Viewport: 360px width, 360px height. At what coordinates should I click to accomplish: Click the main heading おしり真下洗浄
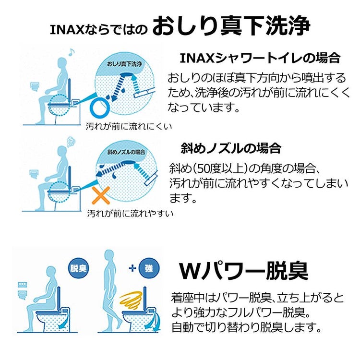230,27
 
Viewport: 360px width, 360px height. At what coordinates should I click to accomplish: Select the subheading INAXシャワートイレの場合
260,59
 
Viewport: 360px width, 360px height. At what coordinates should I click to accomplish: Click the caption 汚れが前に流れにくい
128,127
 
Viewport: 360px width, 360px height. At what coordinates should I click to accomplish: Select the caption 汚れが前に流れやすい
130,213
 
